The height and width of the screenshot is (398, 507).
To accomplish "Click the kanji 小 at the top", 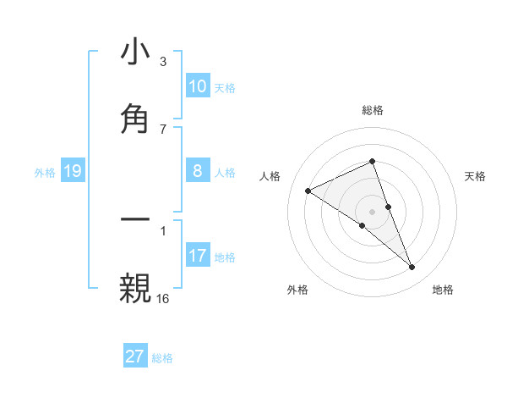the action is (135, 52).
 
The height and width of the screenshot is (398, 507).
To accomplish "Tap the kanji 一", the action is (135, 219).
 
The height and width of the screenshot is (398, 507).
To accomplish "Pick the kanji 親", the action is (135, 287).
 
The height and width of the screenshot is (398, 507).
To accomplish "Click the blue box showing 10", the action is (197, 86).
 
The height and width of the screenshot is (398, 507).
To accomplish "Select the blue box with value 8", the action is (197, 171).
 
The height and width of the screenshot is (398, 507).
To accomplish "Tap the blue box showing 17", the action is (197, 256).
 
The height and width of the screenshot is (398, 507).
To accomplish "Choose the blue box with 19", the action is (72, 172).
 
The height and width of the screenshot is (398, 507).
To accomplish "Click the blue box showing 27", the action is (135, 357).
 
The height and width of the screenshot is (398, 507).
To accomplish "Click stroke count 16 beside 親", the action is (163, 297).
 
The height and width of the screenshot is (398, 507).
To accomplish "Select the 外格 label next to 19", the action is (45, 173).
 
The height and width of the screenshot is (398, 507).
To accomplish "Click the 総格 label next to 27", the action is (163, 358).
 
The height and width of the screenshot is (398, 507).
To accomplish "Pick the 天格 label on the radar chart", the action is (476, 176).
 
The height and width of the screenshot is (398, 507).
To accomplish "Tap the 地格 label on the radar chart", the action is (443, 290).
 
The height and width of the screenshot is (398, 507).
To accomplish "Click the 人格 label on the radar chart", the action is (270, 176).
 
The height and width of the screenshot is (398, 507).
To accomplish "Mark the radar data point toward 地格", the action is (412, 268).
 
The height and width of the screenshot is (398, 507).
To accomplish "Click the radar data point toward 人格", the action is (308, 191).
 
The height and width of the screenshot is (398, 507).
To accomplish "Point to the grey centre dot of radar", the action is (372, 211).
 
